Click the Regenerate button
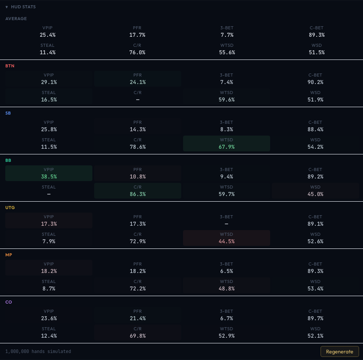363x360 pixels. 339,351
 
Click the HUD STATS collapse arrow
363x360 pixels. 7,7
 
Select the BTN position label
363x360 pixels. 10,66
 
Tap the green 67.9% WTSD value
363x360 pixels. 226,147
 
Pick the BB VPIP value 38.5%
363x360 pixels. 49,177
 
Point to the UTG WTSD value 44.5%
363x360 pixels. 226,241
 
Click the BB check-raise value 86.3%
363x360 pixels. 137,194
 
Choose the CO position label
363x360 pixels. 9,302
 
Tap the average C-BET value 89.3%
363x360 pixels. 315,35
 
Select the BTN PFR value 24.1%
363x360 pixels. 137,82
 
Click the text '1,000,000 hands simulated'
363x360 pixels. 38,351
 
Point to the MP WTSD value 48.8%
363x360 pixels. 226,289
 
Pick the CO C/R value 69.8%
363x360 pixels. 137,336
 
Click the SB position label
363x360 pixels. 8,113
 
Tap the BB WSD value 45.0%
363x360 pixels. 315,194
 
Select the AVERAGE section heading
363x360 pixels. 16,19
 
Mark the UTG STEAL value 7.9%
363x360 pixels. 49,241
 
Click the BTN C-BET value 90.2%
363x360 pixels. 315,82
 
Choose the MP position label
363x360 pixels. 9,255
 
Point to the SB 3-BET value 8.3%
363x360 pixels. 226,129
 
